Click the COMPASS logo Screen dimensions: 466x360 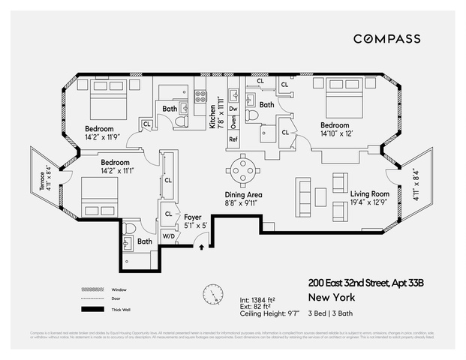[386, 38]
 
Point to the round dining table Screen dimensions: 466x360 [243, 169]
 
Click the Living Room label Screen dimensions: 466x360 [370, 194]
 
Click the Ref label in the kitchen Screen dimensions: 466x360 [233, 139]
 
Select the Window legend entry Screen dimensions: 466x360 [116, 289]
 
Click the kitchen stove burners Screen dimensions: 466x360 [200, 96]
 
